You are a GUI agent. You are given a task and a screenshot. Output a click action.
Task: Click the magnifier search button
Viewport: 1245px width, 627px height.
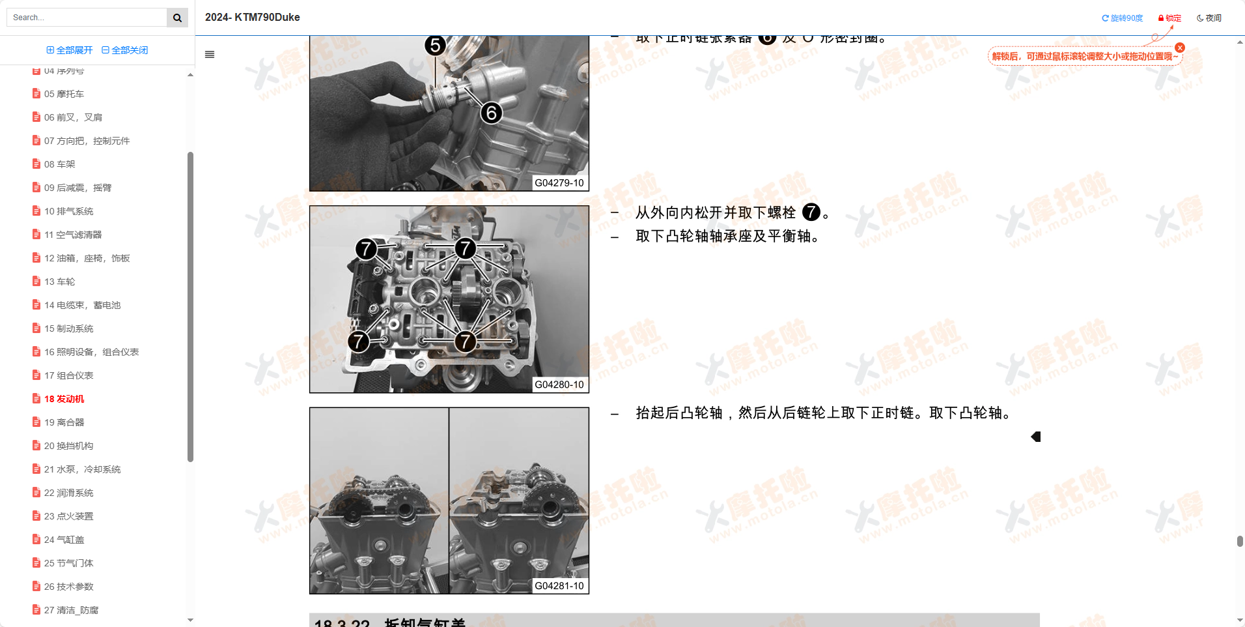[x=177, y=18]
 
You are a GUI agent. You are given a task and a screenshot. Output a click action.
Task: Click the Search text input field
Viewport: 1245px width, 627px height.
[x=87, y=18]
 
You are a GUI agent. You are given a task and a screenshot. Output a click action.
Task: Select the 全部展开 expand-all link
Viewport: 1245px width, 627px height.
[x=70, y=50]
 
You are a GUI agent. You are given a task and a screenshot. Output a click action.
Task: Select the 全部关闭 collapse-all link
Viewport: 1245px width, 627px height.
[x=125, y=50]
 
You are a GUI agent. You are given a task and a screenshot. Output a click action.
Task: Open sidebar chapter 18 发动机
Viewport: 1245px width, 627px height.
[x=64, y=399]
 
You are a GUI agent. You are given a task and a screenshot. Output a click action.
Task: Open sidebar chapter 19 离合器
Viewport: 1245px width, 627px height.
[x=64, y=422]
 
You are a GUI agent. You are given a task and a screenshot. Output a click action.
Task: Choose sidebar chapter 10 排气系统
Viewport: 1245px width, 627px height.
[x=68, y=211]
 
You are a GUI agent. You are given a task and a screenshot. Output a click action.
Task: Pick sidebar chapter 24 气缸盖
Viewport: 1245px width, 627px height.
[x=64, y=540]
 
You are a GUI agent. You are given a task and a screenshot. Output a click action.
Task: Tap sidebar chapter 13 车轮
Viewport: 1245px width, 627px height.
[x=59, y=282]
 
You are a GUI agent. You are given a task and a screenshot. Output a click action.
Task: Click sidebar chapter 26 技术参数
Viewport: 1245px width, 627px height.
[x=68, y=587]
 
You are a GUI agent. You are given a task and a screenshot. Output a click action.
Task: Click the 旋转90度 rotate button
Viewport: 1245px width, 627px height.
[x=1122, y=18]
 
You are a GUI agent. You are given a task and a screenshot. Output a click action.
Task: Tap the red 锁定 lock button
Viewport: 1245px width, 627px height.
[x=1169, y=18]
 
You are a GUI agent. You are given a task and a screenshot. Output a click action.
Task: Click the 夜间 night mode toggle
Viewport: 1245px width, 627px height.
[x=1209, y=18]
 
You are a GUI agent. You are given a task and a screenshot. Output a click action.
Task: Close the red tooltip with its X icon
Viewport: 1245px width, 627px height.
[x=1180, y=48]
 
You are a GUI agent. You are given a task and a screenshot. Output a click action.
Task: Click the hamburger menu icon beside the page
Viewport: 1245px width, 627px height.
[x=210, y=55]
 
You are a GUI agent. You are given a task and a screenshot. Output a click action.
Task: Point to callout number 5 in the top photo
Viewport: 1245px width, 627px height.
[x=435, y=46]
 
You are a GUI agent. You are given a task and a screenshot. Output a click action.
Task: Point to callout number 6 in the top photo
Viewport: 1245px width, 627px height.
[x=492, y=113]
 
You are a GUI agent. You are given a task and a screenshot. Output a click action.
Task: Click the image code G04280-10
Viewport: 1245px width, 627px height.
[x=559, y=385]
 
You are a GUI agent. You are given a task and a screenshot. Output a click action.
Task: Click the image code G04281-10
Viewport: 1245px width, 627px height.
[x=559, y=586]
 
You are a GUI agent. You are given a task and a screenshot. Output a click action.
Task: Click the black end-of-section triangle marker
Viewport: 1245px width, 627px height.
[x=1036, y=437]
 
